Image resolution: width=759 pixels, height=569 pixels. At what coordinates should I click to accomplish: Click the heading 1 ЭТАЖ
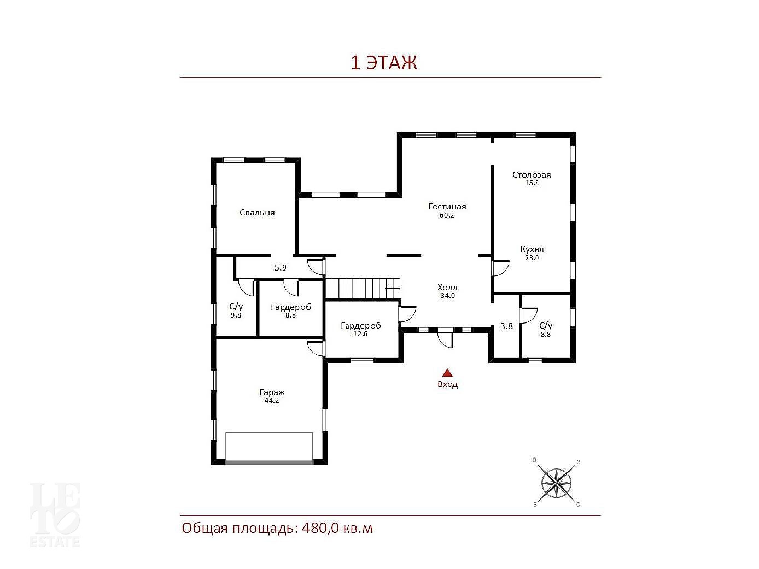click(383, 63)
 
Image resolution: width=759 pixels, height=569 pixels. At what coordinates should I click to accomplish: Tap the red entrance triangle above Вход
click(447, 372)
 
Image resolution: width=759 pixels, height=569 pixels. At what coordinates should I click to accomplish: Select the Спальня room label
click(257, 213)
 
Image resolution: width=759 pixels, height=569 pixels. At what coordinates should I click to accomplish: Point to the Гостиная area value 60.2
click(446, 215)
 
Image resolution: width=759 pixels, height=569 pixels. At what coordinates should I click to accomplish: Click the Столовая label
click(532, 175)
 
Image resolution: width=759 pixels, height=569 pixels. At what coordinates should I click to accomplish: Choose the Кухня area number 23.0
click(532, 258)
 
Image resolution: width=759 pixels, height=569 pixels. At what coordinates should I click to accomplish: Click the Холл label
click(447, 288)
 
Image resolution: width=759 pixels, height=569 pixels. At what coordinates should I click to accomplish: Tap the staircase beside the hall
click(363, 288)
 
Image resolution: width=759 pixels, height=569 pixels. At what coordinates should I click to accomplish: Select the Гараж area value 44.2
click(271, 401)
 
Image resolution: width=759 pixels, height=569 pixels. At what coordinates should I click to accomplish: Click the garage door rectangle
click(269, 448)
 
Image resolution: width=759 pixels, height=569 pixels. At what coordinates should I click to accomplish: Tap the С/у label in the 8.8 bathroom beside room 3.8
click(546, 325)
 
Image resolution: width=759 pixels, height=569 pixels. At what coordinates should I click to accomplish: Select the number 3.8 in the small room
click(506, 326)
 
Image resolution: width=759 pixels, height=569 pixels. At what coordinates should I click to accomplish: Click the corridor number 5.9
click(281, 268)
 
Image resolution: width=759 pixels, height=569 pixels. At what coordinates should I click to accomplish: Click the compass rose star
click(556, 483)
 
